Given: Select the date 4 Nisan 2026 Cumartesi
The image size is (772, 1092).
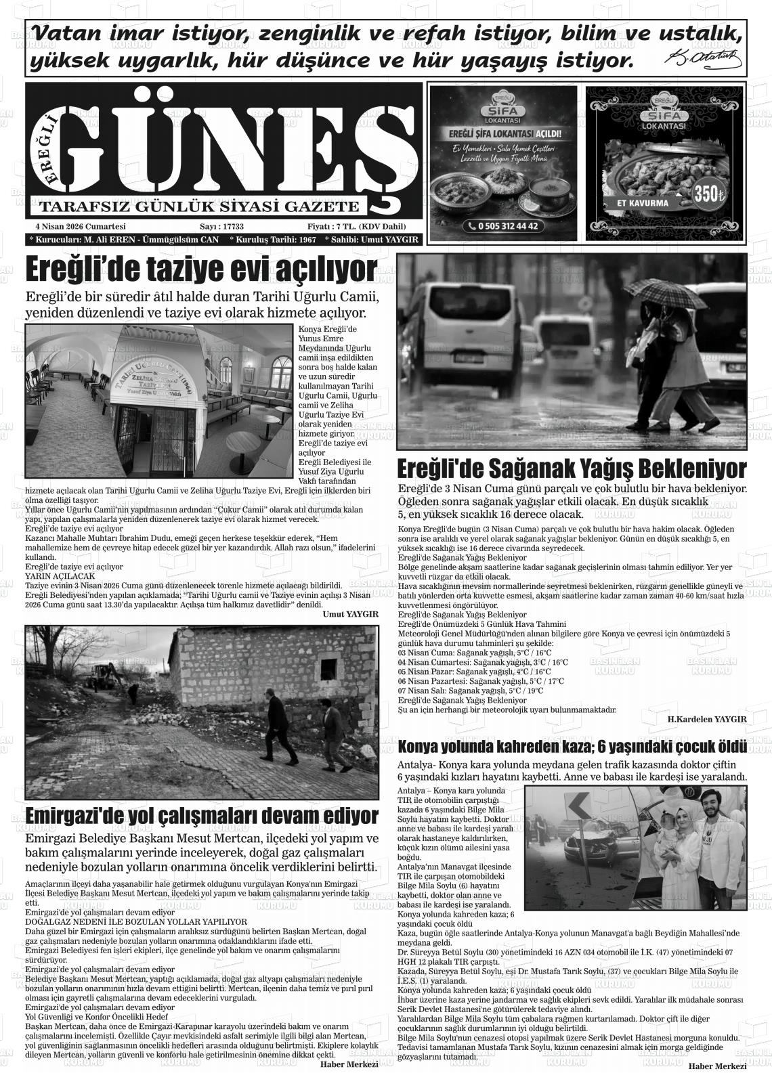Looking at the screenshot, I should [x=81, y=226].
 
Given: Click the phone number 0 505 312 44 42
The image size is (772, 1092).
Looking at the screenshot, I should [x=502, y=226].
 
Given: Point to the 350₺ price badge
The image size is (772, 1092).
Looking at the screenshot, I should [x=708, y=194].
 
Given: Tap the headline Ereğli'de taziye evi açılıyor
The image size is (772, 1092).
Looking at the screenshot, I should [x=200, y=270].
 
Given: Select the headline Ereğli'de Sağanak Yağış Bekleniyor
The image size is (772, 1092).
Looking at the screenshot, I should [x=571, y=468].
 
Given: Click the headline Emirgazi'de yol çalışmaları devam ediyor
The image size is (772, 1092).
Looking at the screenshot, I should [x=201, y=814].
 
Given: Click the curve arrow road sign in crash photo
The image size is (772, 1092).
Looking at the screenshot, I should [x=578, y=806].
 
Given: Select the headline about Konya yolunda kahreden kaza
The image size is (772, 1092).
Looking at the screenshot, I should [x=572, y=747].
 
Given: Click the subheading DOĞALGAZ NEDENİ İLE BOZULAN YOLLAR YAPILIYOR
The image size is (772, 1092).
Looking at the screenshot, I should [x=136, y=922].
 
